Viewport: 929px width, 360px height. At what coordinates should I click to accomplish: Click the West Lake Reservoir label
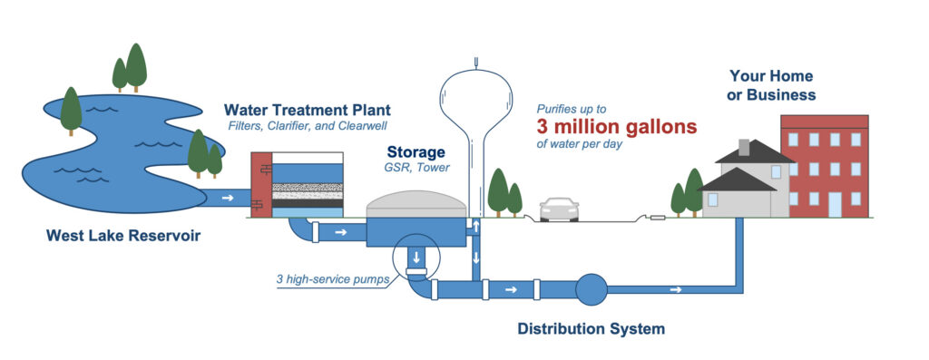(x=122, y=237)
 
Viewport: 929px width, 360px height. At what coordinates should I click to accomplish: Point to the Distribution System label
(x=591, y=328)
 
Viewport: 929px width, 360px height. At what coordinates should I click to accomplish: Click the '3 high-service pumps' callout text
(x=333, y=279)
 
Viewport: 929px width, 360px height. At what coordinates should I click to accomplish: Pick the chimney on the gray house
(x=745, y=147)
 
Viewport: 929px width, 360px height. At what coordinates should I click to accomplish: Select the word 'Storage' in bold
(x=416, y=152)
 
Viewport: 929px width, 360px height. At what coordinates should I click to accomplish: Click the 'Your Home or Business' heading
(x=770, y=85)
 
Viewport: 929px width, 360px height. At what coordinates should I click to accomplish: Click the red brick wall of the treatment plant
(x=259, y=186)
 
